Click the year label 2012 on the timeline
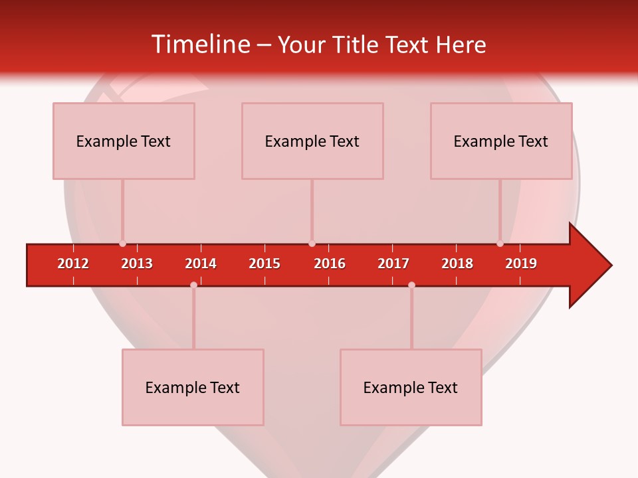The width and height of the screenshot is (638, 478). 73,264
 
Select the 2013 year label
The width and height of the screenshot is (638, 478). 137,264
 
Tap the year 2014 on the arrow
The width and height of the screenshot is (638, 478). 201,264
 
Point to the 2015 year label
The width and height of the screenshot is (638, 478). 265,264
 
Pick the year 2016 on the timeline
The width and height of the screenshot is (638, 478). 329,264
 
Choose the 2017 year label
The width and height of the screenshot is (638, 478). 393,264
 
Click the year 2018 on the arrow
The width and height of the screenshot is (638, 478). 457,264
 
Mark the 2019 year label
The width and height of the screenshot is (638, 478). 521,264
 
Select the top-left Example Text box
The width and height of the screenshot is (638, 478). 124,141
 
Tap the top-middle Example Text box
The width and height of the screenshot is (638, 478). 312,141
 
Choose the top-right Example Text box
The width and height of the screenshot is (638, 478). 501,141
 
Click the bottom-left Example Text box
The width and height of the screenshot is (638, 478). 193,388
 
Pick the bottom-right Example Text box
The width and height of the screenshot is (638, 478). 411,388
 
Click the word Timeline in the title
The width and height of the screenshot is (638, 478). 199,44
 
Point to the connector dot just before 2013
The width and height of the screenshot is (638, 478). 122,244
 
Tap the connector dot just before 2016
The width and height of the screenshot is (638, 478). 312,244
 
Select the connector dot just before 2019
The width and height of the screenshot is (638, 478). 500,244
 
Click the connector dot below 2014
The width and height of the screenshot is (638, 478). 193,285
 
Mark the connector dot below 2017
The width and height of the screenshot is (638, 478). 411,285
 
